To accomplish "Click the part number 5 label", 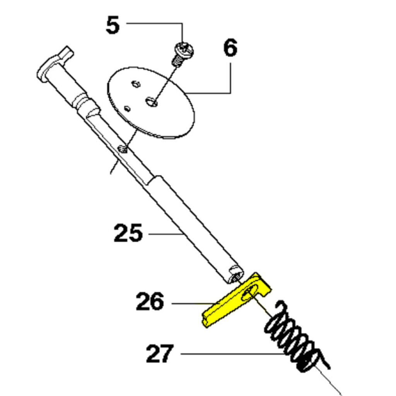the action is pos(113,25).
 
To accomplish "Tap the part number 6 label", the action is pos(230,48).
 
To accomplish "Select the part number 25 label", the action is pos(128,233).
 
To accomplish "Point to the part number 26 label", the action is pos(150,301).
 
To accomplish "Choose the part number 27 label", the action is pos(160,353).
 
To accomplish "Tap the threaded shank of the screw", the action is pos(178,61).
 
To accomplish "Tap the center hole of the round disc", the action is pos(151,102).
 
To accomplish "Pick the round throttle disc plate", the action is pos(151,102).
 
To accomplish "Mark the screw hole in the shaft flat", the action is pos(123,149).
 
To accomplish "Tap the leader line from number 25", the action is pos(166,234).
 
